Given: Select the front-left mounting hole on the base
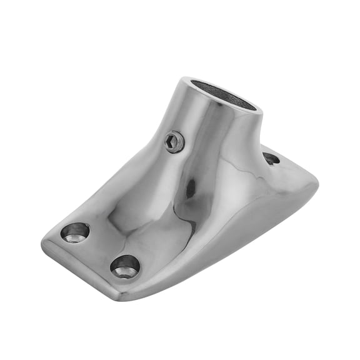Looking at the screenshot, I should (x=75, y=232).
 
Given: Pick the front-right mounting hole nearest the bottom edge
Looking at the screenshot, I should (x=125, y=266).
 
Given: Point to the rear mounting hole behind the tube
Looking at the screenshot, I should (x=271, y=158).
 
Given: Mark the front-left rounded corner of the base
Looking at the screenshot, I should (x=47, y=241).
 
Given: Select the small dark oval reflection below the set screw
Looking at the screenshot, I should (x=189, y=189).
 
